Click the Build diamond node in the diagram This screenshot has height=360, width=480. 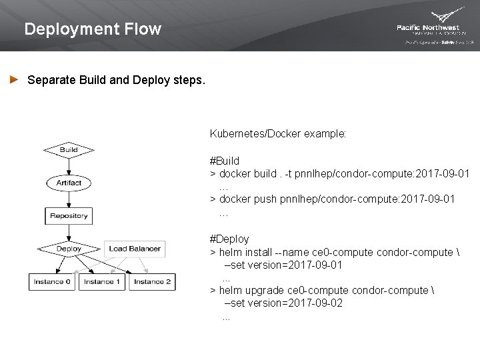point(69,150)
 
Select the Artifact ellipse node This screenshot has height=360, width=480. point(69,182)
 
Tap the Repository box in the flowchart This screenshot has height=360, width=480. point(69,215)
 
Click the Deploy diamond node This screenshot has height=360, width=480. point(69,249)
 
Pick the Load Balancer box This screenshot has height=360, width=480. point(135,249)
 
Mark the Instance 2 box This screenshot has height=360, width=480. point(152,282)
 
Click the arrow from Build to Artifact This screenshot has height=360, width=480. point(69,166)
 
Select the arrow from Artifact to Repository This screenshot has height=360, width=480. point(69,199)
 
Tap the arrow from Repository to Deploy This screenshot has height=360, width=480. point(69,231)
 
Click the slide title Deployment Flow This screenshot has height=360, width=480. point(92,29)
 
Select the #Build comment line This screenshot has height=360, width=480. point(225,161)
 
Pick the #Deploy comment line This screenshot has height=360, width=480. point(229,239)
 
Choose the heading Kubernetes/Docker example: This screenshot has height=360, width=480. point(278,133)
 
